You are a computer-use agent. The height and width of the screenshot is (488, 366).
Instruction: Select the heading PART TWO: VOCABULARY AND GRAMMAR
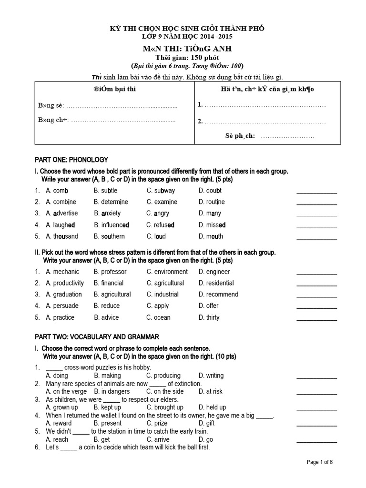coord(97,336)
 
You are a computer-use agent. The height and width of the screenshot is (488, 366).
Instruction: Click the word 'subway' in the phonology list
coord(164,191)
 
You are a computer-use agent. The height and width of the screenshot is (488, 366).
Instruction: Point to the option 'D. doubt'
coord(210,191)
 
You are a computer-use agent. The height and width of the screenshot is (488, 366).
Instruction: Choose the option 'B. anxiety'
coord(107,213)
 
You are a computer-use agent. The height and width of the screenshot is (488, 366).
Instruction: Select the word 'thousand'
coord(65,236)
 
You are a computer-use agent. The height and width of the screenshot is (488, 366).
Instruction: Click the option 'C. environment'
coord(167,272)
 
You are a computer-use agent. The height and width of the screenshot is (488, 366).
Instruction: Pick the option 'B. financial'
coord(109,283)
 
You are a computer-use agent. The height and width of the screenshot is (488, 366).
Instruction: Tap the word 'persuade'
coord(66,306)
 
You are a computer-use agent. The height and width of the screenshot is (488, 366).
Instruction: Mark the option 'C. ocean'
coord(158,317)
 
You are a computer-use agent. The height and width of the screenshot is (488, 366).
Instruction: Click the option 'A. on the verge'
coord(64,391)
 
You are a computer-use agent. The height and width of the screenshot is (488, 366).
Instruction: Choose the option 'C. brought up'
coord(165,407)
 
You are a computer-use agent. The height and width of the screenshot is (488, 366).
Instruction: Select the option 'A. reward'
coord(59,423)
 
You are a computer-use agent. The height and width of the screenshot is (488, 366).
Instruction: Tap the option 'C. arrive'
coord(158,439)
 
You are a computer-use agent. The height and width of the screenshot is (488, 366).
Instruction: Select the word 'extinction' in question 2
coord(186,384)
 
